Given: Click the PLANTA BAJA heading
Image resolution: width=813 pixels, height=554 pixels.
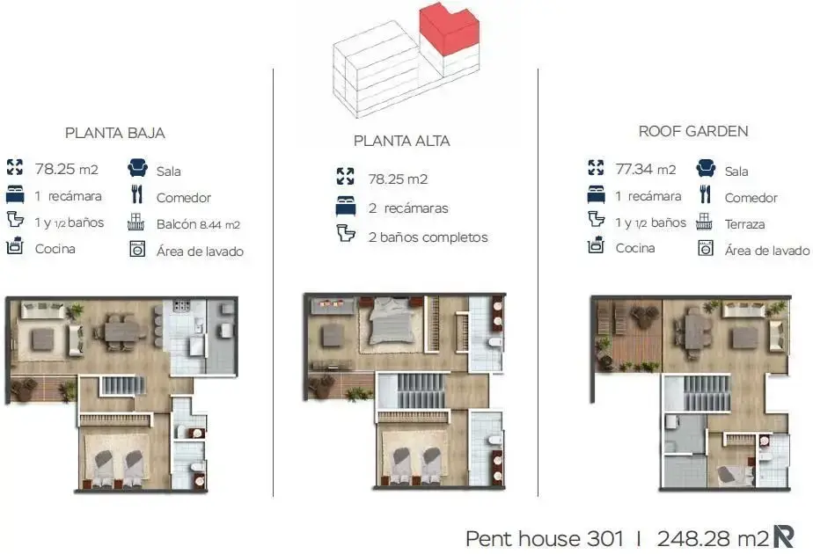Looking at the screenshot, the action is tap(115, 133).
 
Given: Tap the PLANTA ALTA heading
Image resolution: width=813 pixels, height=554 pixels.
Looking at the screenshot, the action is tap(402, 141).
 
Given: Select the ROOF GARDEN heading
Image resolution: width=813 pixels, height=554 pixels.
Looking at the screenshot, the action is tap(693, 132).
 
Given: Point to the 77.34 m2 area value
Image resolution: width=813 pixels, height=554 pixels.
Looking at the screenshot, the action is tap(646, 170).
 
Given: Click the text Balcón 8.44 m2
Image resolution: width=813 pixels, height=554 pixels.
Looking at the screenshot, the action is tap(198, 224).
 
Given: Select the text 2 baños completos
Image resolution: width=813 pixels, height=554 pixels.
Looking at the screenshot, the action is tap(428, 237).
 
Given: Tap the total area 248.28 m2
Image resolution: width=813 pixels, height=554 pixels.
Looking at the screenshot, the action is tap(713, 538).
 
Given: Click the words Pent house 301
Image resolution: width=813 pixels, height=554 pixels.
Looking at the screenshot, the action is tap(545, 538).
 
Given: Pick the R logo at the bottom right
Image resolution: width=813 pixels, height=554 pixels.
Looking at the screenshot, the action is tap(783, 536).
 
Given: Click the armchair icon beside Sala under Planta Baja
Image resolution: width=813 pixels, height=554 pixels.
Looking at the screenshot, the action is tap(137, 168).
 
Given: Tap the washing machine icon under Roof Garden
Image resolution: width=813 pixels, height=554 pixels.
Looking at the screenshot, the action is tap(705, 248).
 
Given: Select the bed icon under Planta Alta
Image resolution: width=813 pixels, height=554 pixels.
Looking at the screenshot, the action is tap(346, 207).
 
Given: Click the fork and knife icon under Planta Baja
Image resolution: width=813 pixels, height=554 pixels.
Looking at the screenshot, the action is tap(137, 194).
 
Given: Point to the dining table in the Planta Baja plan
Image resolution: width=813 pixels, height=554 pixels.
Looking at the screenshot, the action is tap(122, 331).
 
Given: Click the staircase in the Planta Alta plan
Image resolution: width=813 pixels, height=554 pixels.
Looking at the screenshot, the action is tap(421, 390).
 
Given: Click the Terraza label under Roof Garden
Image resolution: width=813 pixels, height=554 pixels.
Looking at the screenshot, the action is tap(744, 224).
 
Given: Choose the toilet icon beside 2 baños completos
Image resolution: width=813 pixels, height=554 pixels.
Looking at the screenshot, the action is tap(346, 233).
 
